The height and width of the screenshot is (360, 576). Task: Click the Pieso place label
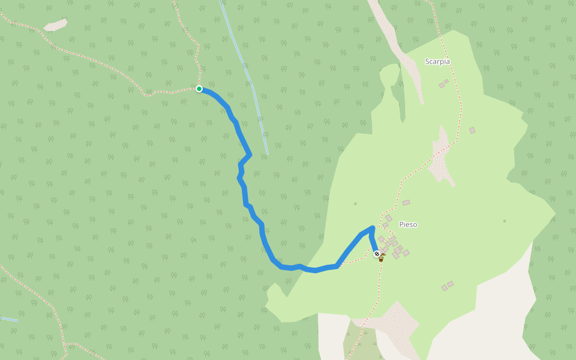[408, 224]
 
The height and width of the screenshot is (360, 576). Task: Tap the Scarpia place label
[437, 61]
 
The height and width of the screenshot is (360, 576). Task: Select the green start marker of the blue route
[199, 89]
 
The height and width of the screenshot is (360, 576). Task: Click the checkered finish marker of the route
[377, 254]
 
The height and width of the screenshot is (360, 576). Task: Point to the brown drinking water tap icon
[382, 258]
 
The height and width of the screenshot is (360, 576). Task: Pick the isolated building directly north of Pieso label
[406, 203]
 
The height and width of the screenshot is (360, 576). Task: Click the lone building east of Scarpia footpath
[472, 130]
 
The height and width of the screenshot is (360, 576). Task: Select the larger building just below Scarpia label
[442, 85]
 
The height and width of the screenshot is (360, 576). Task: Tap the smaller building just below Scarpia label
[446, 81]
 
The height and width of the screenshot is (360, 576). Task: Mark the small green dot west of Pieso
[355, 203]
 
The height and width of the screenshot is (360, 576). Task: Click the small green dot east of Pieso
[505, 221]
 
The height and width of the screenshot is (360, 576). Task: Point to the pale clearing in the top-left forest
[56, 25]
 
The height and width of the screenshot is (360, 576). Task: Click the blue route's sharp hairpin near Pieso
[373, 228]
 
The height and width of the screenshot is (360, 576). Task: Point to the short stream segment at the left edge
[8, 319]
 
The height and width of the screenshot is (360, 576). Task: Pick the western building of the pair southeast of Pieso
[445, 288]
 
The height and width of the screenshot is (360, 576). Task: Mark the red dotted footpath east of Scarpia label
[459, 90]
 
